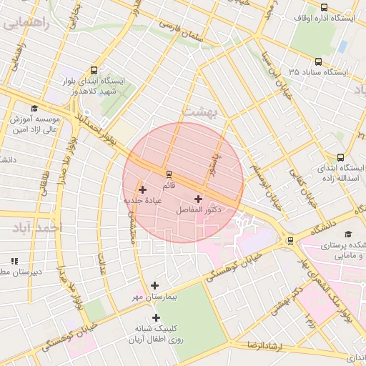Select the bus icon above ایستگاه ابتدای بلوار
coord(94,70)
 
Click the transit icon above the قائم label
coord(169,174)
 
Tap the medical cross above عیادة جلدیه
coord(143,189)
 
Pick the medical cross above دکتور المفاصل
coord(198,198)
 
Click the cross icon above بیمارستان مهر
coord(154,285)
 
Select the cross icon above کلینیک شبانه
coord(156,317)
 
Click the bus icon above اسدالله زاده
coord(340,157)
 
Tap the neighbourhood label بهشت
coord(198,112)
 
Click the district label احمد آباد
coord(38,227)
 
